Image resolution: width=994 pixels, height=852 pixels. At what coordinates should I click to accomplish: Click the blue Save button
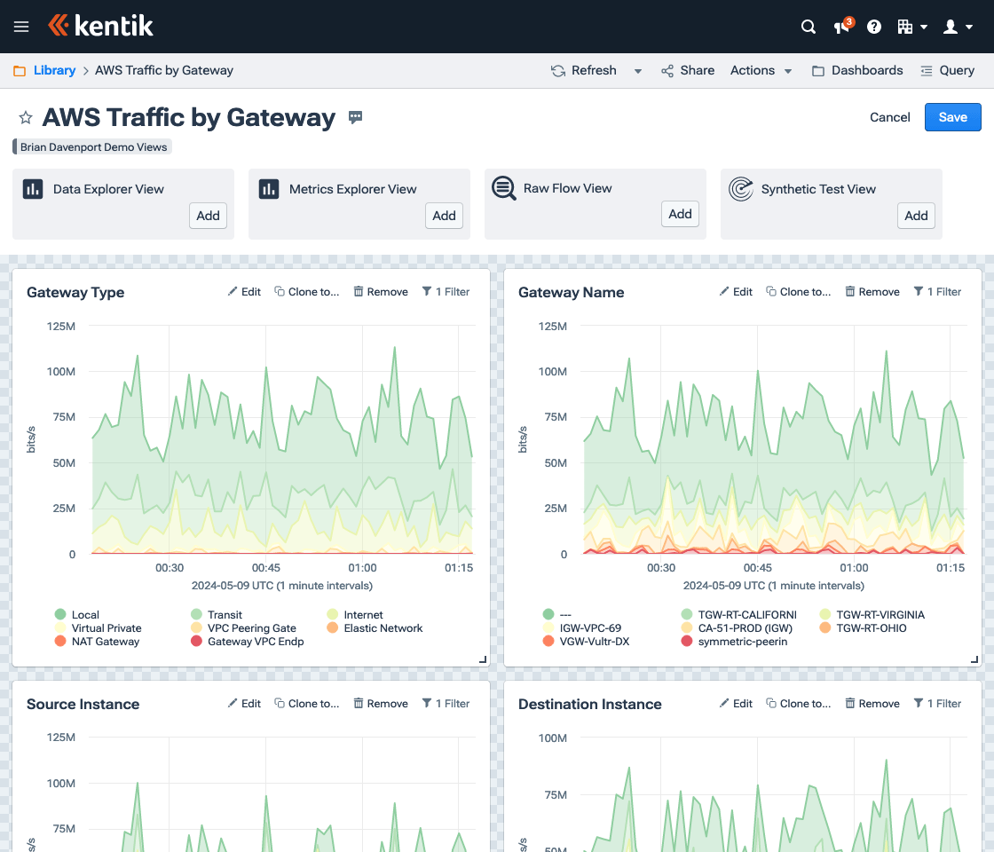(x=952, y=117)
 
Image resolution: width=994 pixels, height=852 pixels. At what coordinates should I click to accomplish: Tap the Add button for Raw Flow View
(x=680, y=214)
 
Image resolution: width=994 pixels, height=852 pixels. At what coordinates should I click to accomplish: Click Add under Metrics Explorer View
(x=444, y=216)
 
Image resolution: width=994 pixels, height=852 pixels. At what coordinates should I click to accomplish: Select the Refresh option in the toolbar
(x=584, y=70)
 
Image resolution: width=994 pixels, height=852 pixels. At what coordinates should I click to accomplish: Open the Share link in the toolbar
(x=688, y=70)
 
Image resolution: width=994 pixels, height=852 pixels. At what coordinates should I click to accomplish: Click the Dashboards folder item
(x=857, y=70)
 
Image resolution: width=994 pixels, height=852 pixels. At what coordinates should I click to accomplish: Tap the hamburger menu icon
(x=21, y=27)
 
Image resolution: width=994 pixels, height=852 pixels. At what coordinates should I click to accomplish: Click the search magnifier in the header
(x=809, y=27)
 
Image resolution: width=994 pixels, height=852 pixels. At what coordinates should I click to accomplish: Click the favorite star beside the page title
(x=26, y=117)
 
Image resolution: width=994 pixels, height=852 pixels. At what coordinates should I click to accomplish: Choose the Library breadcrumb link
(x=54, y=70)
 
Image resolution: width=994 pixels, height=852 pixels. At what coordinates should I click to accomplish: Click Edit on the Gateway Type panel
(x=244, y=292)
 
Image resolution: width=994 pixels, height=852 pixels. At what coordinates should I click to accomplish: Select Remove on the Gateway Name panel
(x=872, y=292)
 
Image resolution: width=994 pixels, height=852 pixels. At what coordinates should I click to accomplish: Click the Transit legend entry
(x=225, y=614)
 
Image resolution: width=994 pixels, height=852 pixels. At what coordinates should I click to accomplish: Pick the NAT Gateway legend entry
(x=105, y=641)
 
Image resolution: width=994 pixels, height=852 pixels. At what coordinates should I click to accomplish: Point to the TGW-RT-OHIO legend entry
(x=871, y=627)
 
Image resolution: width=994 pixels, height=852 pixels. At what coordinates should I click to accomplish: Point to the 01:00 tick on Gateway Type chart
(x=362, y=568)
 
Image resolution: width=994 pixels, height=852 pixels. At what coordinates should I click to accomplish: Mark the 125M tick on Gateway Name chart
(x=553, y=327)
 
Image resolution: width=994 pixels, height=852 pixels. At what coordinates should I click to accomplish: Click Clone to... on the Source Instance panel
(x=306, y=704)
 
